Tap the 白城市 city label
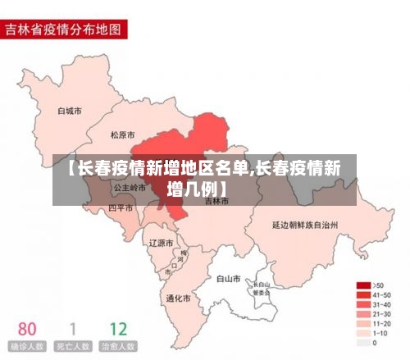point(70,110)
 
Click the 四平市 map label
point(121,208)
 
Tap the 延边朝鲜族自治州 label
point(304,223)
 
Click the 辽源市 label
point(161,243)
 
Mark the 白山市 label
point(228,278)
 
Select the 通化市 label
point(177,298)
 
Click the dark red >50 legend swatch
point(362,285)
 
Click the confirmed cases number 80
point(27,329)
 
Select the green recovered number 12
point(118,329)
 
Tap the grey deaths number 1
point(72,329)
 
